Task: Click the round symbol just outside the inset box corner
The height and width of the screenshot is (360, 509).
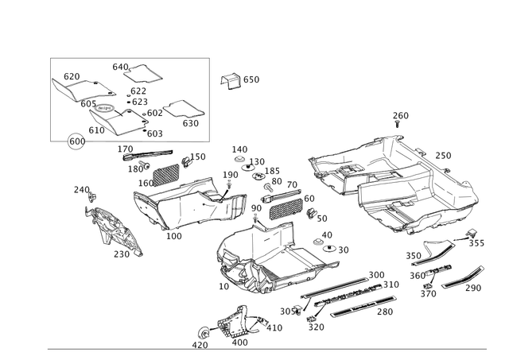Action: [x=75, y=142]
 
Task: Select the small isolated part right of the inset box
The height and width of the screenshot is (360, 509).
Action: [x=230, y=79]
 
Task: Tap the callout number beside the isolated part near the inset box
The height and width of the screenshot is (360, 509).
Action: [x=252, y=79]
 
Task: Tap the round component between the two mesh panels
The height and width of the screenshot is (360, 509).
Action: [x=237, y=204]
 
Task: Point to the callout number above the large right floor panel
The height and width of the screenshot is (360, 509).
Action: [x=399, y=116]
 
